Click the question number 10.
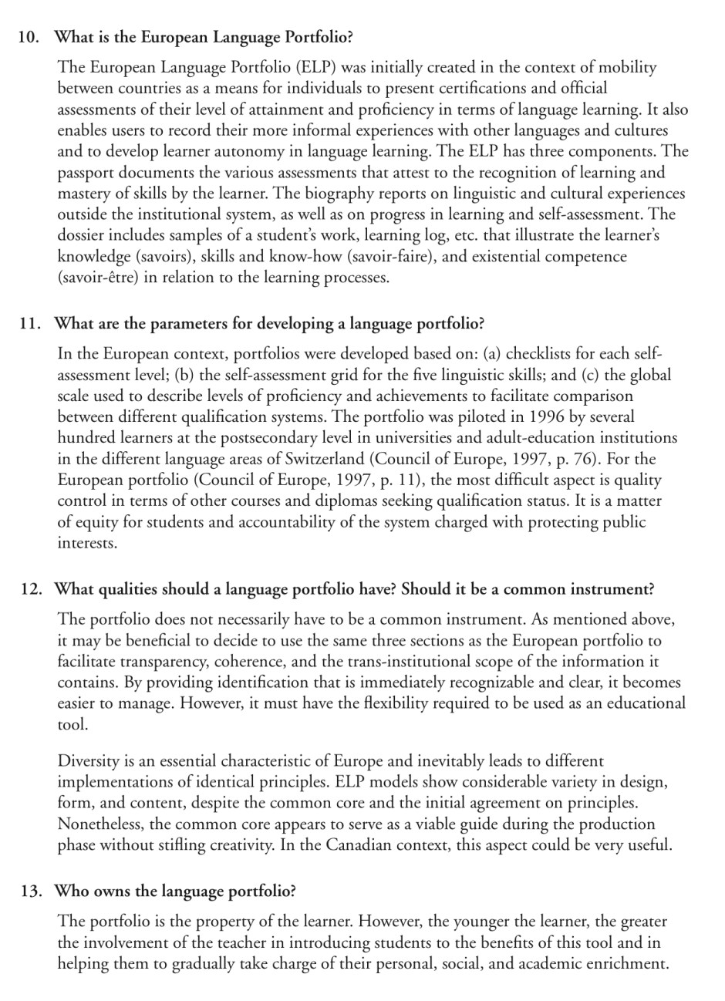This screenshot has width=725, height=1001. click(29, 36)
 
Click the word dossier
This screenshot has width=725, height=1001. click(83, 235)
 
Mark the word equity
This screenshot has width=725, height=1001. click(96, 522)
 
